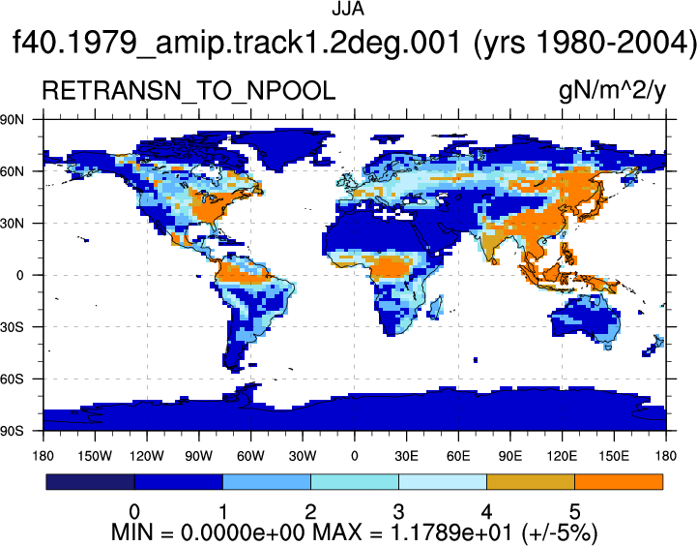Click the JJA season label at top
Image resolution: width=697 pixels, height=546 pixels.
point(348,9)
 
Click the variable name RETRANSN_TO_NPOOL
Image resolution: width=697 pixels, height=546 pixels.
point(189,91)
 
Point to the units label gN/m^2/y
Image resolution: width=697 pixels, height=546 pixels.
point(613,91)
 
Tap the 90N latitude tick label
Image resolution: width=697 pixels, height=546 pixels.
point(13,119)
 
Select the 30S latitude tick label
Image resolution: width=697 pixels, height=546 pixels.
point(13,327)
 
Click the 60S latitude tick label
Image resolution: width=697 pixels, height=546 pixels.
point(13,379)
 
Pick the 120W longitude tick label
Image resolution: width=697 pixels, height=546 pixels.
point(147,456)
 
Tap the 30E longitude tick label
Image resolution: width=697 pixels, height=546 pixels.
point(406,456)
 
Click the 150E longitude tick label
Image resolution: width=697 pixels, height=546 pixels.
point(614,456)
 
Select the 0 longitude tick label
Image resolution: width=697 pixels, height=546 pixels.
point(354,456)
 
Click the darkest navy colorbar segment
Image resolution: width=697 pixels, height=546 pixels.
point(90,482)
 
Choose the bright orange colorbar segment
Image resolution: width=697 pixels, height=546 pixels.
point(619,482)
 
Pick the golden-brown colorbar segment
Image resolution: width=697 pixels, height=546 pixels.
point(531,482)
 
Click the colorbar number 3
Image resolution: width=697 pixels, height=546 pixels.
point(398,512)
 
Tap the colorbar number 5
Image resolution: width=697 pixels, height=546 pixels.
point(575,512)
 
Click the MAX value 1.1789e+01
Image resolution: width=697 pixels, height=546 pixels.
point(451,531)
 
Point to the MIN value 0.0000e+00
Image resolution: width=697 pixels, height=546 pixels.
point(242,531)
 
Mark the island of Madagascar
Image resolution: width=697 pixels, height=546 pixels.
point(436,308)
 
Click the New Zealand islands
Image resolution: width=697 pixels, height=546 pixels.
point(653,347)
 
